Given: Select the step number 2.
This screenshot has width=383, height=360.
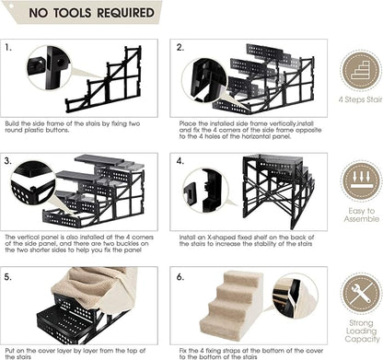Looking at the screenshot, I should tap(181, 46).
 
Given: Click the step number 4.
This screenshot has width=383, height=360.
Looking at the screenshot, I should tap(181, 159).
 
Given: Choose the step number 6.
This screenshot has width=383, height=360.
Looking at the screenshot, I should tap(181, 274).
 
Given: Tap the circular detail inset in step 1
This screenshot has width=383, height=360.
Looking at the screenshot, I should tap(52, 66).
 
